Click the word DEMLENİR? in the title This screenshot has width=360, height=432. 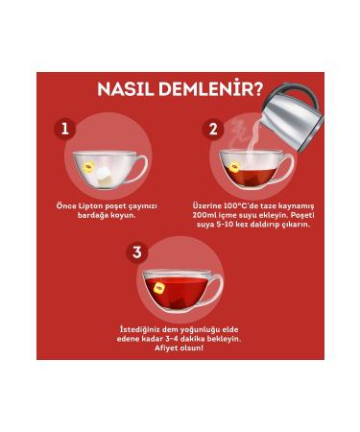click(x=214, y=91)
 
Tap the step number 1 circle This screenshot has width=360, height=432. click(x=64, y=129)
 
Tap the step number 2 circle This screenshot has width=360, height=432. click(x=213, y=129)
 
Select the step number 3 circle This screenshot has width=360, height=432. click(x=137, y=252)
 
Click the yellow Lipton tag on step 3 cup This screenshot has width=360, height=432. click(x=159, y=285)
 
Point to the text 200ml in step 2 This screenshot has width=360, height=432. click(x=207, y=214)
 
